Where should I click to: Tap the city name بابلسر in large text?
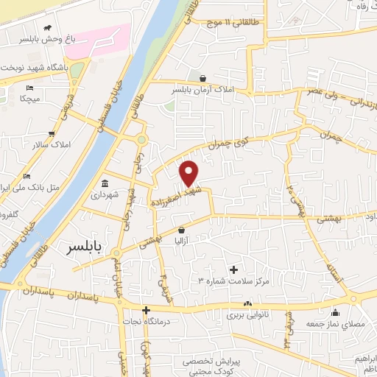click(87, 246)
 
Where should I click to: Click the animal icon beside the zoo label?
click(48, 28)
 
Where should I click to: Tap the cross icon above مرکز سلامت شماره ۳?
click(234, 270)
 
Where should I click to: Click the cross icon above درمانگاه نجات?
click(146, 310)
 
